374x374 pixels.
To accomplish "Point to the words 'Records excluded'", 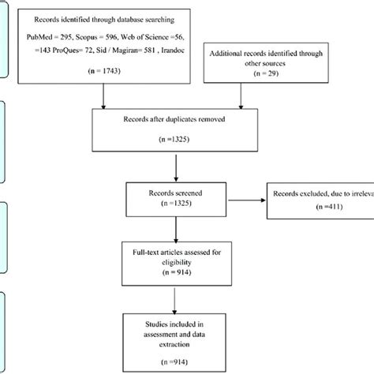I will pyautogui.click(x=300, y=193).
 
